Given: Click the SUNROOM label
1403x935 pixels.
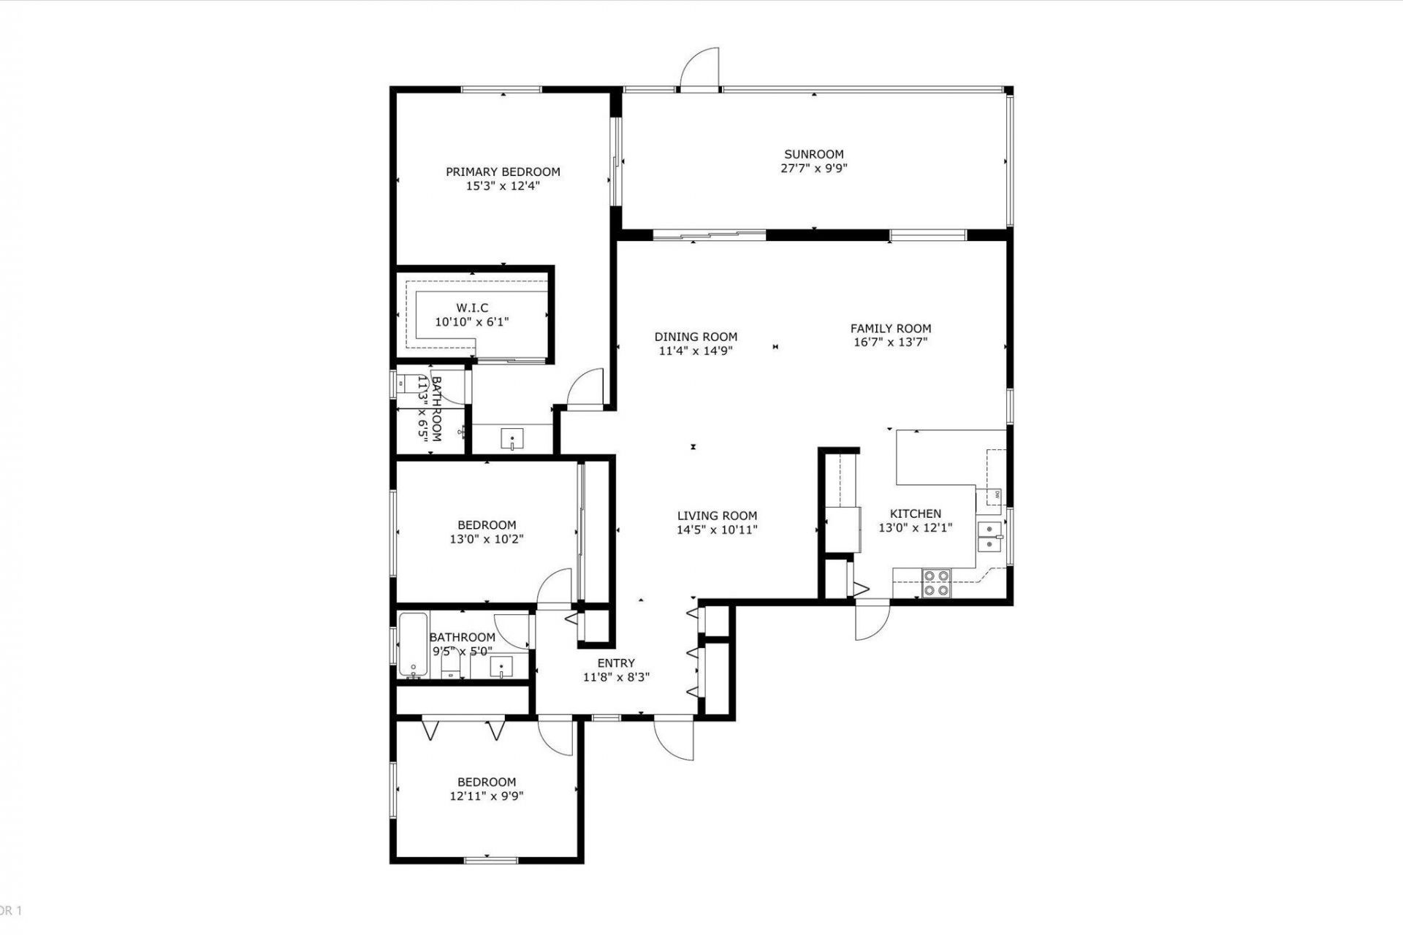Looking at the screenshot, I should (813, 154).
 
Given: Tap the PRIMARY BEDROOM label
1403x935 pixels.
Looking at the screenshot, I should (503, 172).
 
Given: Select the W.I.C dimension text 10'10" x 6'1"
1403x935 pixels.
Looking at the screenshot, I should (471, 321).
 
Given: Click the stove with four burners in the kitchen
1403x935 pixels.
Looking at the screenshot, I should (935, 583).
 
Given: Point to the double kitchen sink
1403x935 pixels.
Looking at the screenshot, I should (991, 536).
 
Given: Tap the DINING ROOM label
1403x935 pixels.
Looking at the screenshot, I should (695, 337).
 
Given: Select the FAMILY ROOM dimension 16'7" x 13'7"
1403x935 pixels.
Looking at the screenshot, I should (890, 342).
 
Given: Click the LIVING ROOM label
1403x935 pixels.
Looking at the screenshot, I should (716, 516).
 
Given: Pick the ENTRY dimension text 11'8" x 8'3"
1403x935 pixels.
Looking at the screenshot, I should (615, 677).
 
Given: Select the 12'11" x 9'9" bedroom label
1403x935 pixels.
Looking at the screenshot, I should (486, 782).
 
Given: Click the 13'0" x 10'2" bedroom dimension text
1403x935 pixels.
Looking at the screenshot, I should (486, 539).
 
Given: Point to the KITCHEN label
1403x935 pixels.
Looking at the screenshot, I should (915, 514).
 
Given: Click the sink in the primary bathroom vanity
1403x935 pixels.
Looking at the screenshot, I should (512, 440).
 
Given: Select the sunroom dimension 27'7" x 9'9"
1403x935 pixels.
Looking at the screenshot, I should (813, 168).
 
